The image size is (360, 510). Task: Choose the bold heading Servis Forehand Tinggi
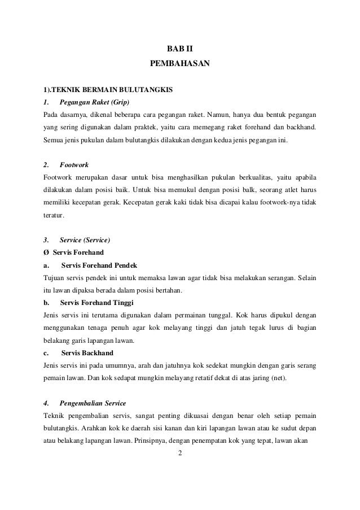(x=96, y=303)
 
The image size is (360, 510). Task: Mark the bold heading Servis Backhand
(x=87, y=353)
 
